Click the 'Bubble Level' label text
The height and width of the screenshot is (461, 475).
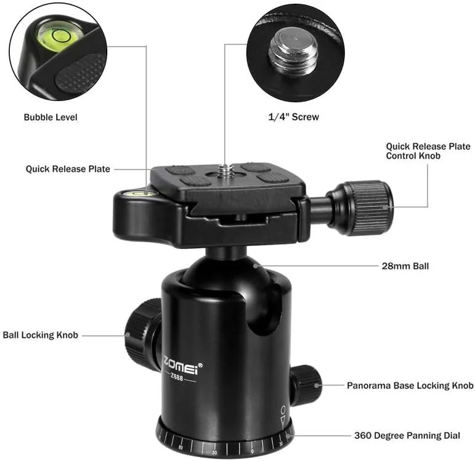pos(51,116)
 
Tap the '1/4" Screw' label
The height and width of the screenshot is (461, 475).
pos(293,116)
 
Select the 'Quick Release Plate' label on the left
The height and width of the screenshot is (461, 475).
pos(68,169)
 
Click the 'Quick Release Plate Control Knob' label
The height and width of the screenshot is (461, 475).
pos(428,151)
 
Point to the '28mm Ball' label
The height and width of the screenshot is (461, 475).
pos(405,267)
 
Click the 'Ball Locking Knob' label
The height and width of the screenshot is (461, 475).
pos(41,335)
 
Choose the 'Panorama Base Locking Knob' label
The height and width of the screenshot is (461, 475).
pos(410,385)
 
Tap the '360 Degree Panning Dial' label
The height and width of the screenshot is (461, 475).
pos(407,436)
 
